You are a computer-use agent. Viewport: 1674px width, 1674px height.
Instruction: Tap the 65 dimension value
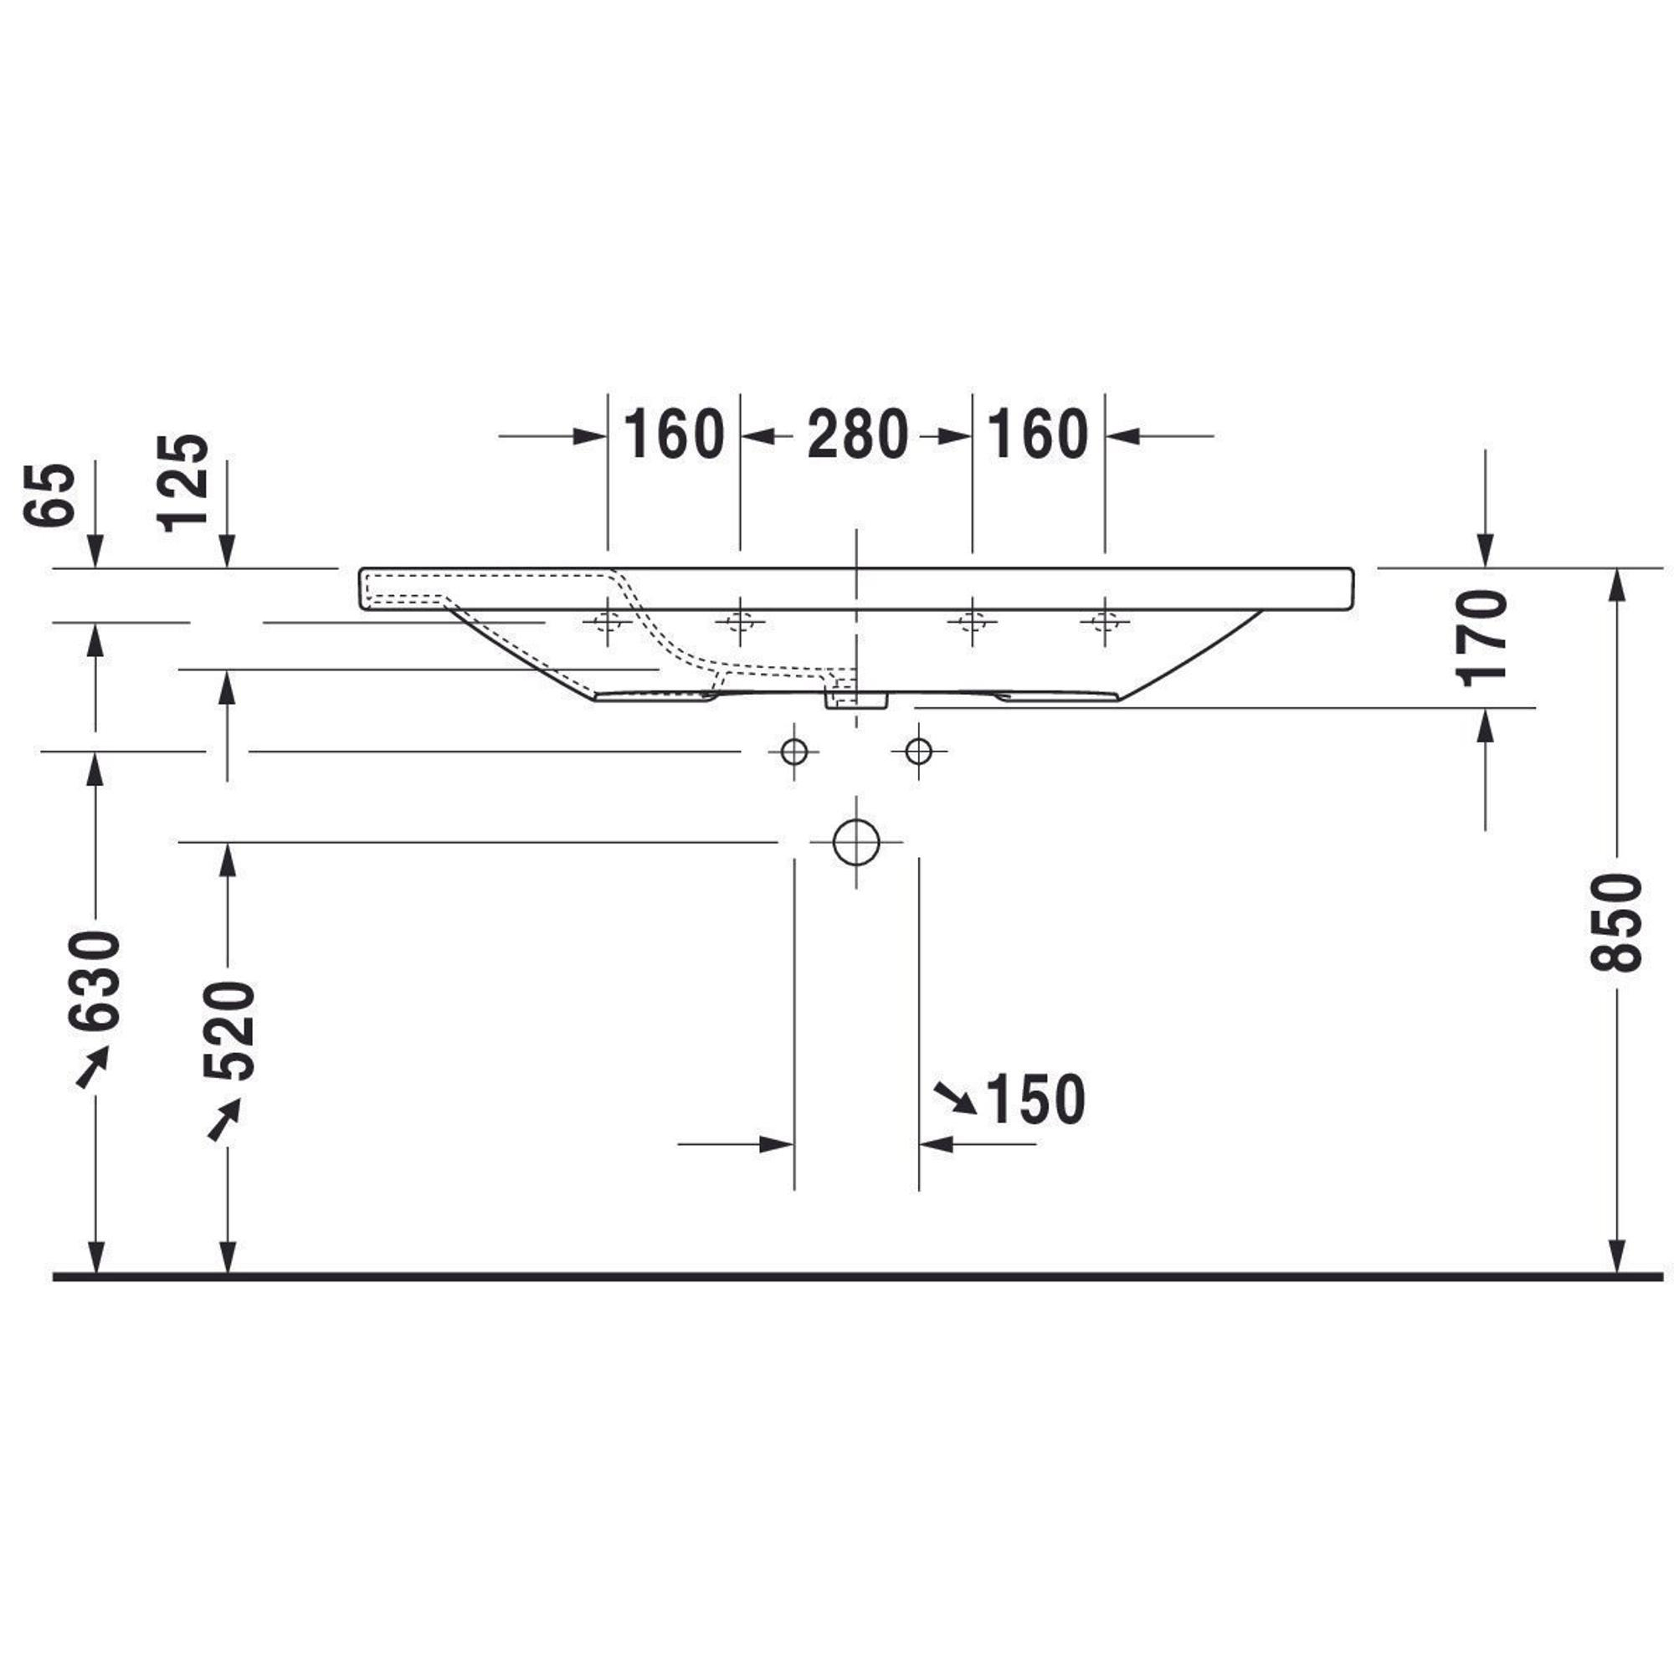(x=49, y=495)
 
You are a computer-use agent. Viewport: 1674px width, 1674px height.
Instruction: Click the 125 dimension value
(x=182, y=483)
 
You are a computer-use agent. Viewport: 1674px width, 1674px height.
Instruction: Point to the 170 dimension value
(x=1483, y=638)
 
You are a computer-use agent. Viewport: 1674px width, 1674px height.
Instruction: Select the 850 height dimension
(x=1616, y=922)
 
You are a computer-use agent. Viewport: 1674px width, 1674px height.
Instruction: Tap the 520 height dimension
(x=229, y=1031)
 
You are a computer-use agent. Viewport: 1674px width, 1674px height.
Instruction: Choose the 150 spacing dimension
(x=1035, y=1100)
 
